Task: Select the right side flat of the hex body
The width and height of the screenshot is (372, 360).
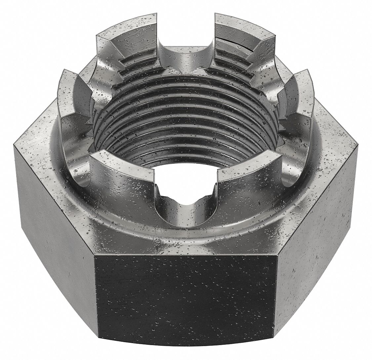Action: (317, 215)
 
